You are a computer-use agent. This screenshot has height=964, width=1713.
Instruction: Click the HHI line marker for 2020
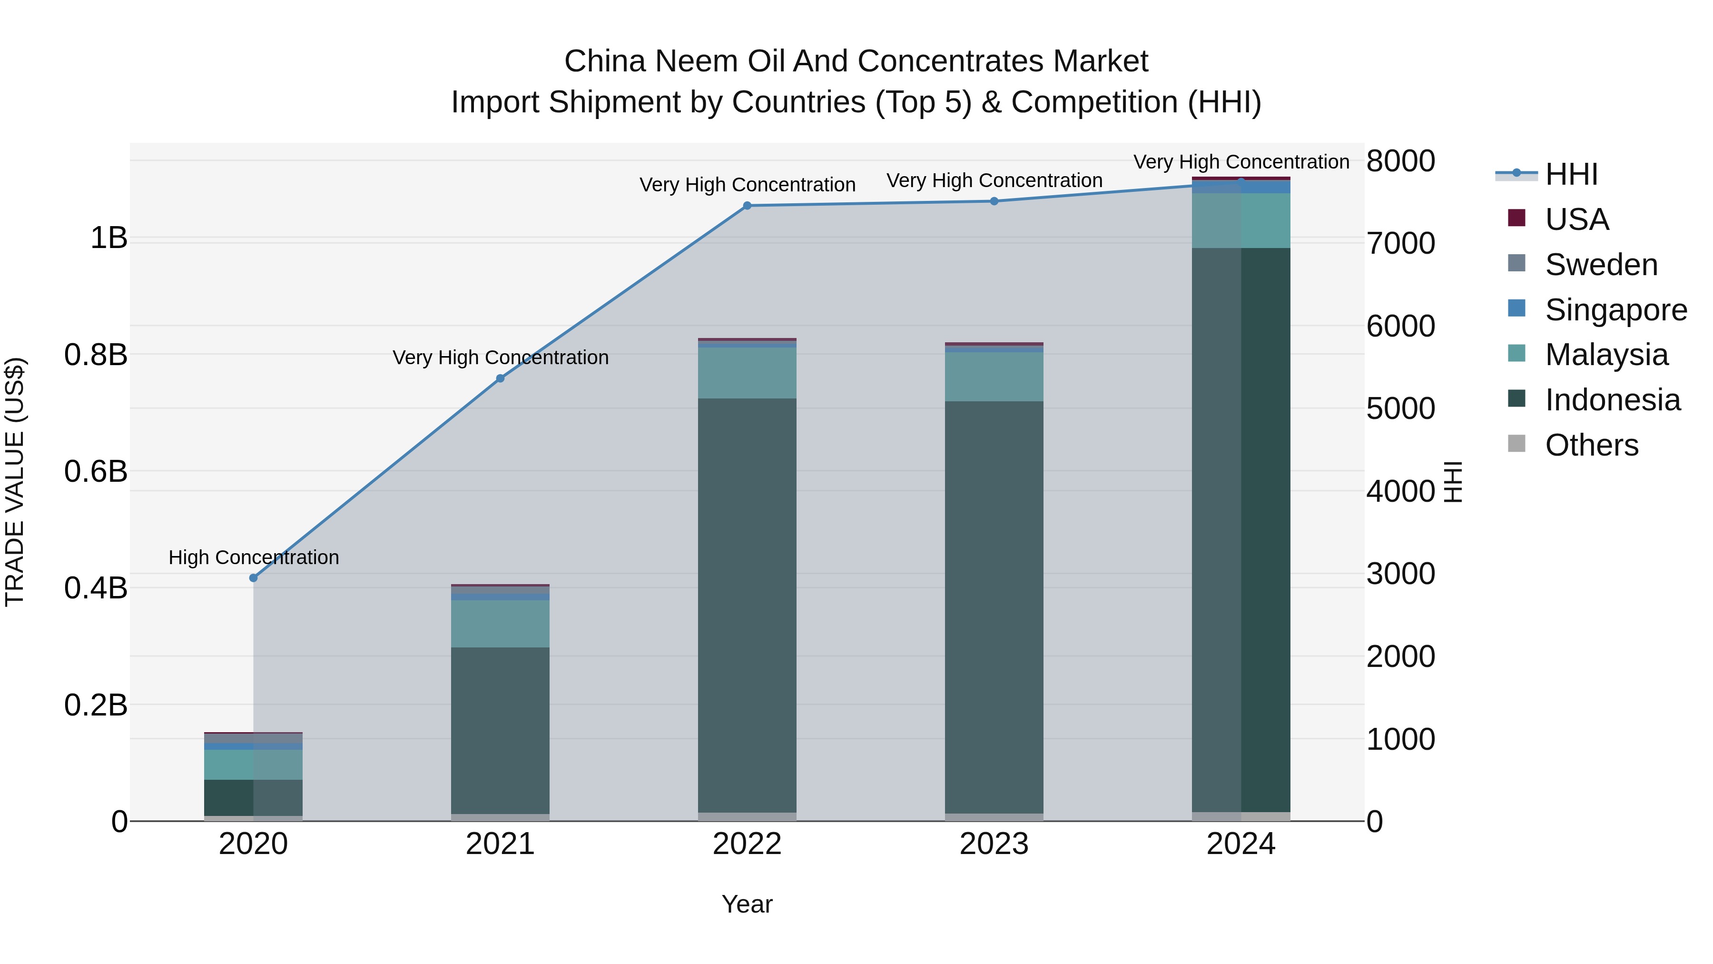click(x=253, y=577)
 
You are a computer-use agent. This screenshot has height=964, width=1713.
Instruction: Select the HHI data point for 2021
click(x=500, y=378)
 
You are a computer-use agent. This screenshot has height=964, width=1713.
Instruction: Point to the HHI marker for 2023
click(x=994, y=201)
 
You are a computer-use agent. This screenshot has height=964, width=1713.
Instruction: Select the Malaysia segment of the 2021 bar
click(x=500, y=623)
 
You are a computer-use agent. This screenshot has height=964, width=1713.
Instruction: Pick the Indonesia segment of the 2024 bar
click(x=1241, y=529)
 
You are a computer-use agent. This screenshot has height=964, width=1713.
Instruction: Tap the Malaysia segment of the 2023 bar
click(x=994, y=377)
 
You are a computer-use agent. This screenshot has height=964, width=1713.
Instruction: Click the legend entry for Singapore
click(x=1615, y=310)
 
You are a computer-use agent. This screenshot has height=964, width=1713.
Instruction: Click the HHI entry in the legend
click(x=1571, y=174)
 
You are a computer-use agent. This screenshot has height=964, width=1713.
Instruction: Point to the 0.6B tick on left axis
click(x=96, y=472)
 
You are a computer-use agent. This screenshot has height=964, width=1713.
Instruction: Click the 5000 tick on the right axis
click(x=1400, y=408)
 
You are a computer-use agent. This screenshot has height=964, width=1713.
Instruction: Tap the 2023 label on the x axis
click(x=994, y=844)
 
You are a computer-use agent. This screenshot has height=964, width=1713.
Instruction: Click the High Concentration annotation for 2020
click(x=253, y=557)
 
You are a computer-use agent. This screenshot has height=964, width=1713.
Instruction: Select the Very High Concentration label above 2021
click(x=500, y=357)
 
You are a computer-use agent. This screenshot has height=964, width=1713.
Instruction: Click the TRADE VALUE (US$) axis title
click(x=15, y=482)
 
